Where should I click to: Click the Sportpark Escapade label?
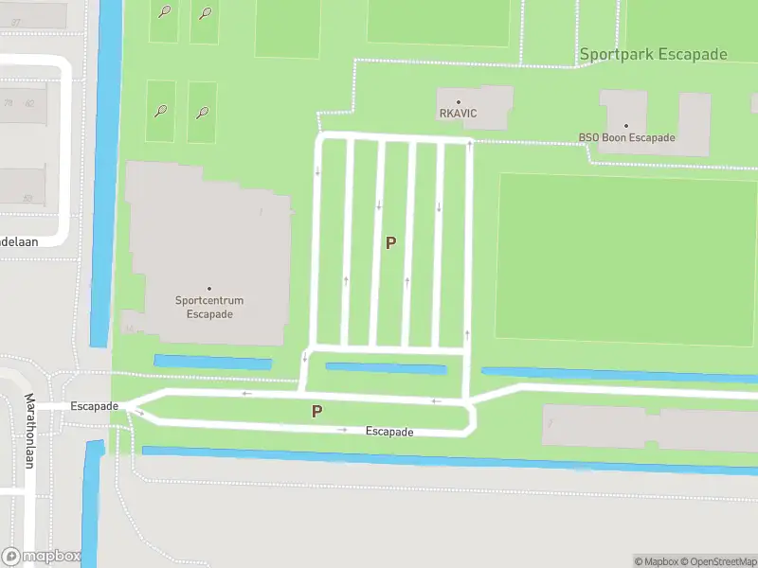pyautogui.click(x=653, y=54)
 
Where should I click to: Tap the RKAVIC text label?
pyautogui.click(x=458, y=114)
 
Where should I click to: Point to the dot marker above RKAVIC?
pyautogui.click(x=459, y=102)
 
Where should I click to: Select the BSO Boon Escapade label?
pyautogui.click(x=626, y=137)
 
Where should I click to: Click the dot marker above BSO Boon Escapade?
pyautogui.click(x=626, y=125)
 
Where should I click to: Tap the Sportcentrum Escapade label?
pyautogui.click(x=209, y=308)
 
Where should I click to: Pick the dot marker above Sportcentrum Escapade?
pyautogui.click(x=209, y=289)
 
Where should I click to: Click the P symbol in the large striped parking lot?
pyautogui.click(x=390, y=243)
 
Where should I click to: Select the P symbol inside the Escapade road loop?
pyautogui.click(x=317, y=412)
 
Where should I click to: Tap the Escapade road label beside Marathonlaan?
pyautogui.click(x=94, y=406)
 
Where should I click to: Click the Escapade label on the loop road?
pyautogui.click(x=389, y=432)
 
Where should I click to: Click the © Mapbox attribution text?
pyautogui.click(x=655, y=561)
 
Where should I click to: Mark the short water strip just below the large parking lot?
pyautogui.click(x=386, y=368)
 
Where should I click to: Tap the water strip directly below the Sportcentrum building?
pyautogui.click(x=212, y=363)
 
